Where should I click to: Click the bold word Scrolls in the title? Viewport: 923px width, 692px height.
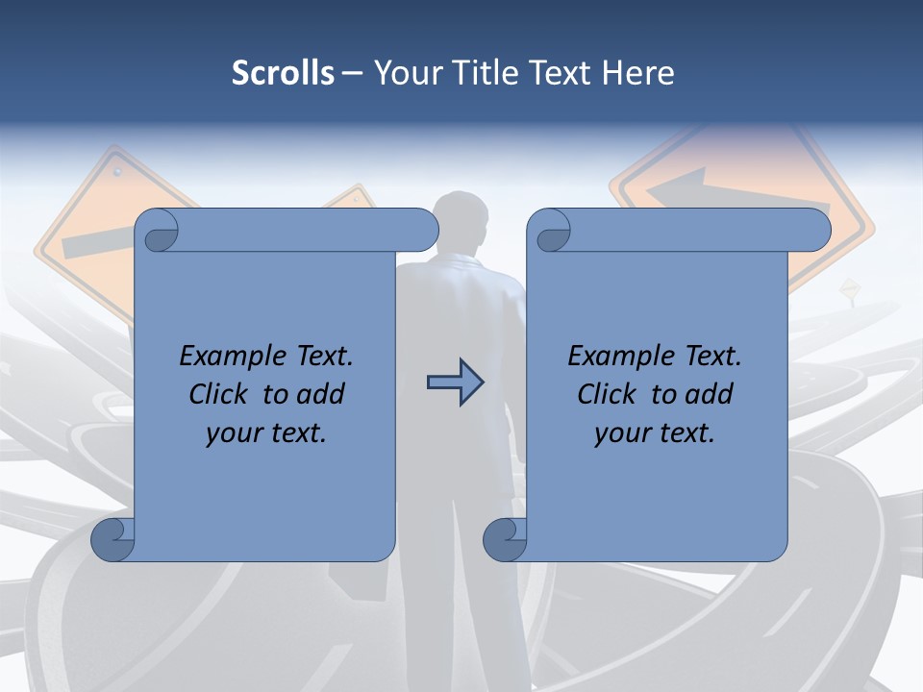coord(283,72)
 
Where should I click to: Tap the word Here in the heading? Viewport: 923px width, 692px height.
coord(638,72)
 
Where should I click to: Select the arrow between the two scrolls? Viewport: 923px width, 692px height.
coord(455,382)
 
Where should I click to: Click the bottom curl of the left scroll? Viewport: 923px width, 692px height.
coord(112,540)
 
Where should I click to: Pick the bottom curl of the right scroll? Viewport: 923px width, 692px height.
coord(504,540)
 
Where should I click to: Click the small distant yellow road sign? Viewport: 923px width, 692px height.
coord(849,287)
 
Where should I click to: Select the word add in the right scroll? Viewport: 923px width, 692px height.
coord(710,394)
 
